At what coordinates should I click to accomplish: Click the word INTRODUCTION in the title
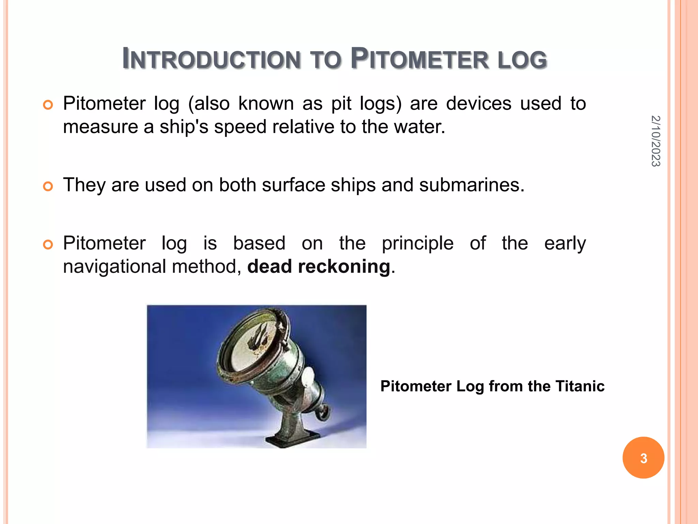211,59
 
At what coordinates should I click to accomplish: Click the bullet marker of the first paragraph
48,105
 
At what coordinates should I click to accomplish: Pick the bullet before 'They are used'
48,186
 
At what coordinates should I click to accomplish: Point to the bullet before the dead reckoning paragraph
48,245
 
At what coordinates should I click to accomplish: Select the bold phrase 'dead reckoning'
318,266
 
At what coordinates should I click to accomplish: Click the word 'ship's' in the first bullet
184,127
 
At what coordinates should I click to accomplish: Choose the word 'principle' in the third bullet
418,244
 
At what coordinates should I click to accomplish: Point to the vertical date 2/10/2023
655,141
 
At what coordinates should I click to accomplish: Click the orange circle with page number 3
643,458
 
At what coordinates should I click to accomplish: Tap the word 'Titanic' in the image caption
580,387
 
